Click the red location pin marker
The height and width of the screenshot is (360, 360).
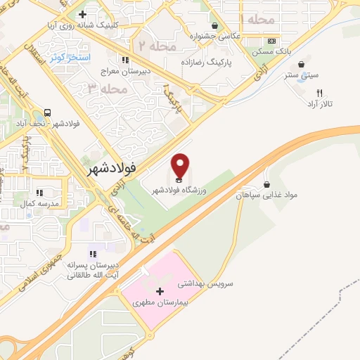click(x=180, y=166)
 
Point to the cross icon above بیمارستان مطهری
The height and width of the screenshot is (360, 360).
click(x=160, y=291)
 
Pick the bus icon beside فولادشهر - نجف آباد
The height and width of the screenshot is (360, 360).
click(x=48, y=112)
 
